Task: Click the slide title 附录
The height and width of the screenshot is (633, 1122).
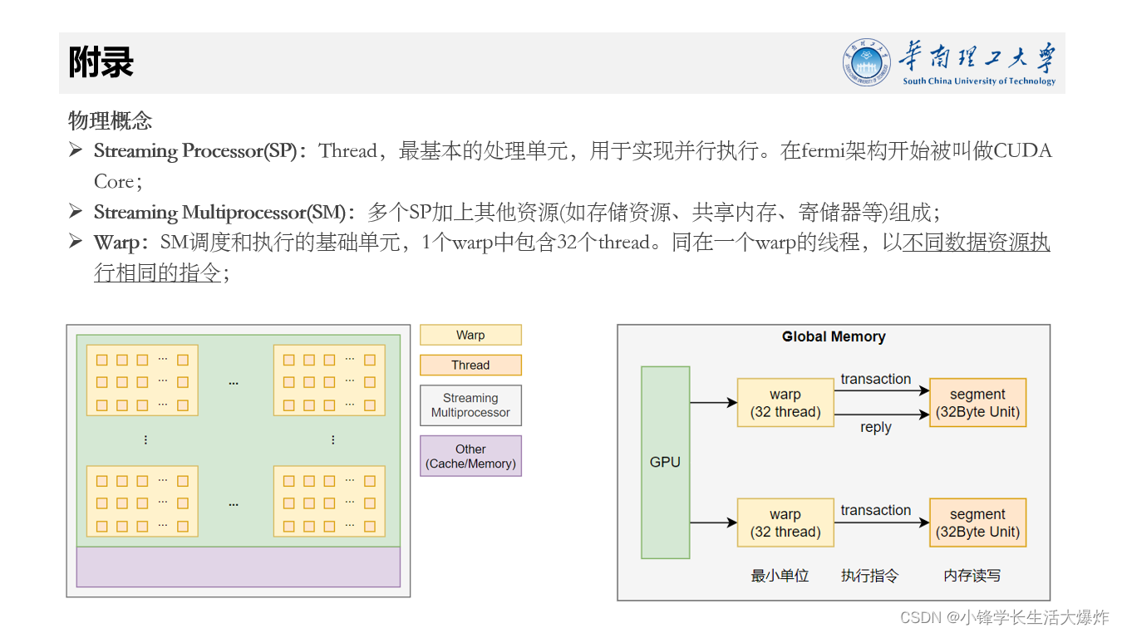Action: coord(101,63)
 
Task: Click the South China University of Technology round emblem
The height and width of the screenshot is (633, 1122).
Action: coord(868,62)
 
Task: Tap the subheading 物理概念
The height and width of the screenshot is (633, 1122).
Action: coord(110,120)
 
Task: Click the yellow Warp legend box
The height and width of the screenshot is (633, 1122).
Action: coord(470,335)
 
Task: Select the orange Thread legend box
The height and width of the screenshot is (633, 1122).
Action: coord(470,365)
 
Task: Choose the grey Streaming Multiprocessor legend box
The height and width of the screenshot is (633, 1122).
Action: coord(470,405)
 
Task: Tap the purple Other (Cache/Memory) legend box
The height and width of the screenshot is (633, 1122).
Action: coord(470,456)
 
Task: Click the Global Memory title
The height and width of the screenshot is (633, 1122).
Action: coord(834,336)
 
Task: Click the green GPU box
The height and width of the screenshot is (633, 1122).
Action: coord(665,462)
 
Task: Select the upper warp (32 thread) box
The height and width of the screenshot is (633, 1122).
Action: coord(785,403)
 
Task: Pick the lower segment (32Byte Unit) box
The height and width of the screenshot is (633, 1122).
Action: coord(977,523)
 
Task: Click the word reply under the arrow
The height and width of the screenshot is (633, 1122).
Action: coord(875,427)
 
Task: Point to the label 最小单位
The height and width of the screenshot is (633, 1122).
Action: coord(780,575)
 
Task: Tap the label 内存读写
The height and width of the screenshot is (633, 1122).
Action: coord(972,575)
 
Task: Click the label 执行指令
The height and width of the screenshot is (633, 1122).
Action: coord(869,575)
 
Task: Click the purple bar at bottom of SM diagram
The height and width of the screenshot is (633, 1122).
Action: coord(238,567)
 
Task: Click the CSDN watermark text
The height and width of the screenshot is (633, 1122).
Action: coord(1004,617)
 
